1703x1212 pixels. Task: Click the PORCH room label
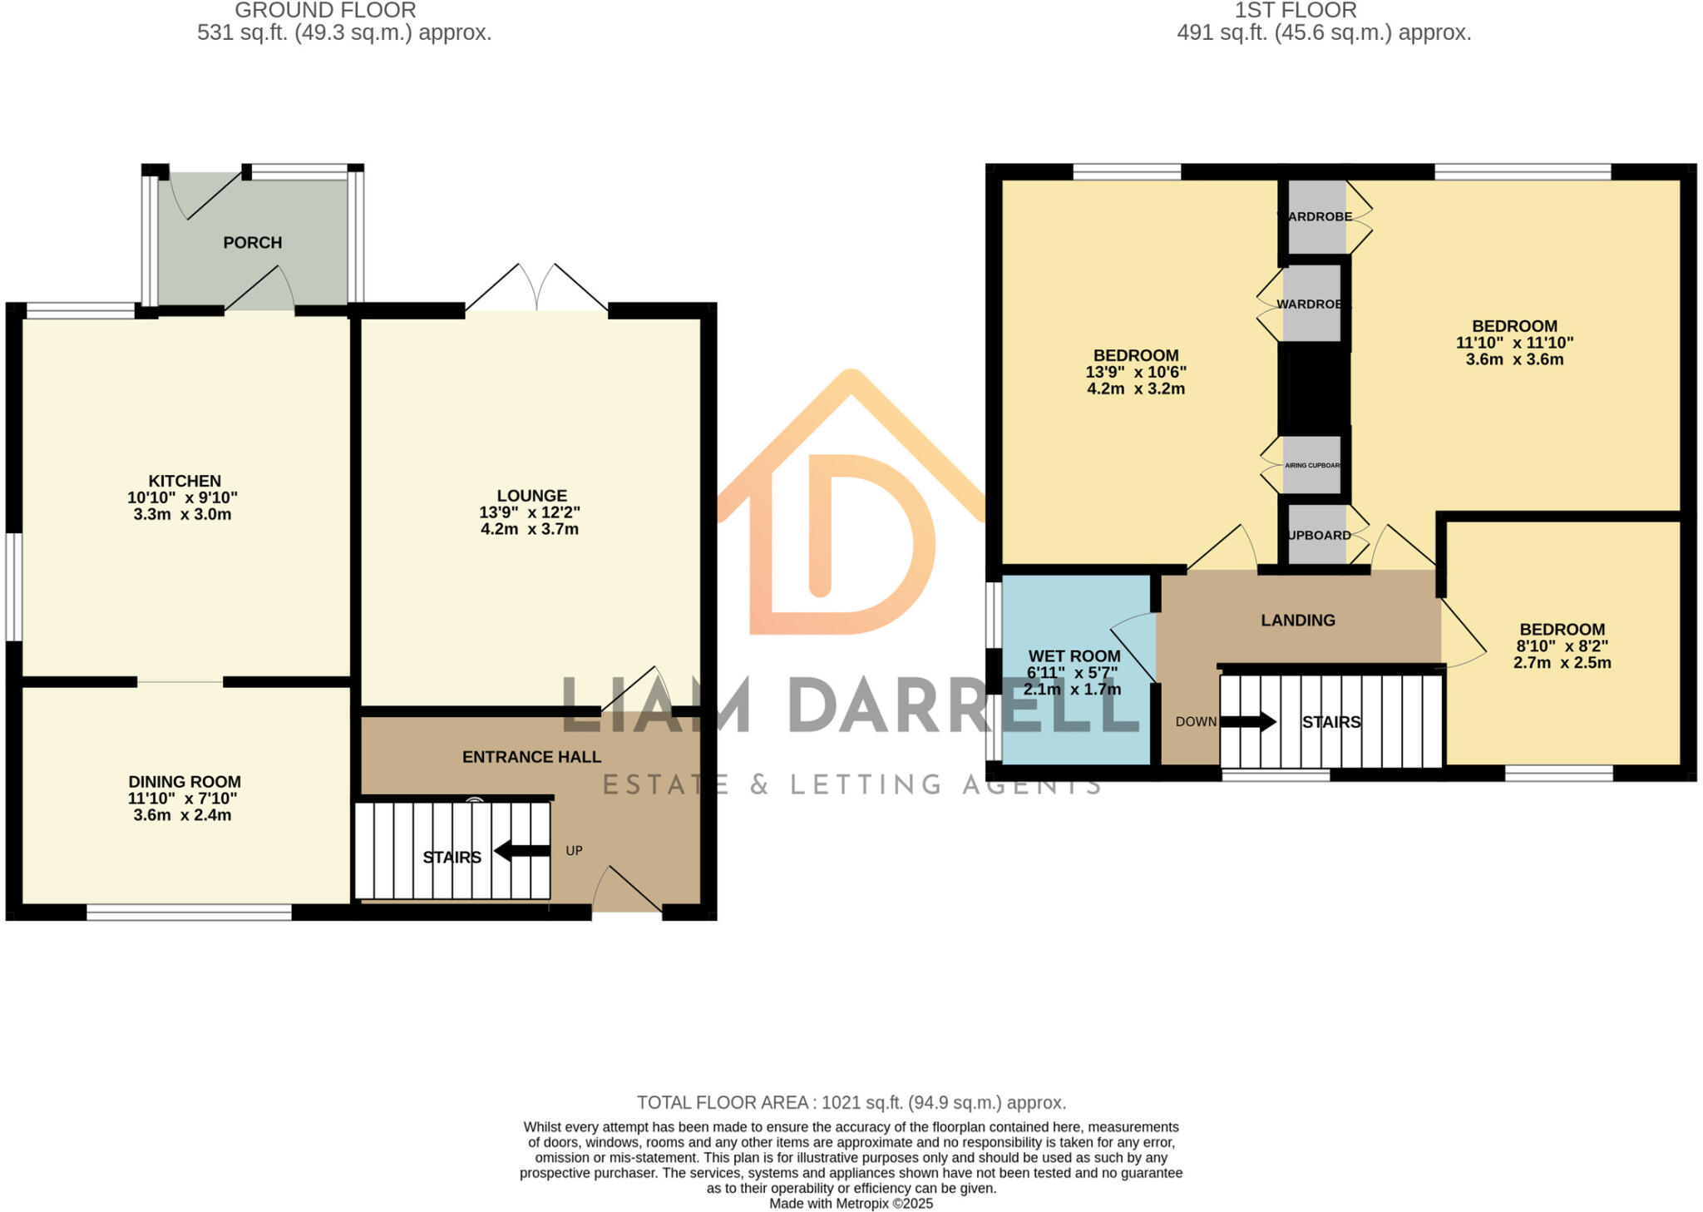[252, 242]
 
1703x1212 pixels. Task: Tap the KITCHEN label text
[185, 481]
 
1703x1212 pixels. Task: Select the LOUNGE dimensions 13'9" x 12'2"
[530, 512]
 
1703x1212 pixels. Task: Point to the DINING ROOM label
[185, 782]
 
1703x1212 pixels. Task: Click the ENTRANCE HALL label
[531, 757]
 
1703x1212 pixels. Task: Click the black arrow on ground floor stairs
[521, 851]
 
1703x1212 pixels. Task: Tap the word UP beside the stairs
[574, 851]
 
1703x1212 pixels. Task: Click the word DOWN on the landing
[1196, 722]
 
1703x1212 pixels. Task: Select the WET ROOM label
[1074, 656]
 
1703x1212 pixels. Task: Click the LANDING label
[1298, 620]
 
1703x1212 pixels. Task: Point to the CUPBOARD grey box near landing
[1317, 535]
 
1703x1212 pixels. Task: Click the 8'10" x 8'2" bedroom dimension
[1562, 646]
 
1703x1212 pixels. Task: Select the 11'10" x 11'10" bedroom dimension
[1514, 343]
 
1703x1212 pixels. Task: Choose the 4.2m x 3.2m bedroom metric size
[1136, 388]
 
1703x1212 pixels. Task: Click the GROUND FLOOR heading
[325, 11]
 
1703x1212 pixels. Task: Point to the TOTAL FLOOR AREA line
[851, 1103]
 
